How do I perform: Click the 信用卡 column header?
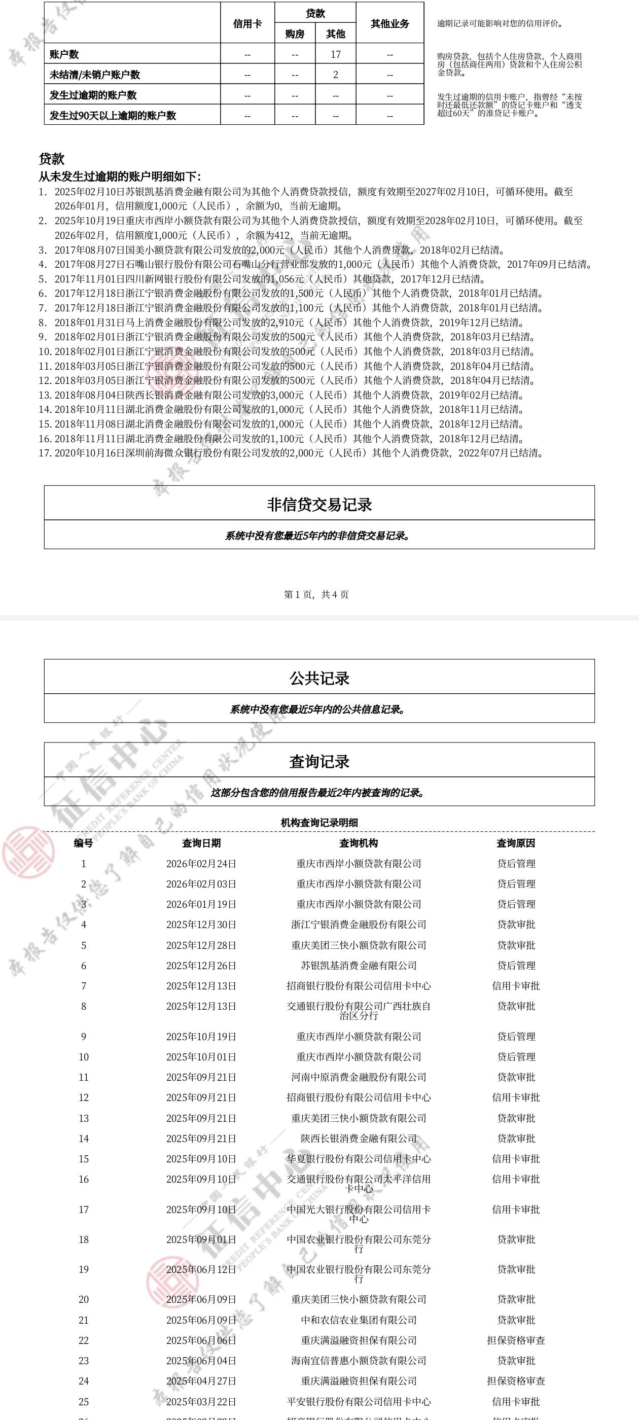247,24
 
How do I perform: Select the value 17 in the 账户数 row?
335,55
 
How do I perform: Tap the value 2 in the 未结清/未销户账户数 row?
335,75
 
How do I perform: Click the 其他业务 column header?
390,24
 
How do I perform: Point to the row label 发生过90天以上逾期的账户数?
113,116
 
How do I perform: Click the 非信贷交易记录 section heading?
319,505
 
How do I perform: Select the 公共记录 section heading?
319,678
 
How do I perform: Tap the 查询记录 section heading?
319,761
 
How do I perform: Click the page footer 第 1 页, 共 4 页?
316,594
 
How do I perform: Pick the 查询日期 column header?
201,843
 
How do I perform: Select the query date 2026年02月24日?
201,863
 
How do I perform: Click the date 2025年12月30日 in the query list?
201,925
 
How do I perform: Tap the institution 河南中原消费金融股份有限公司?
359,1077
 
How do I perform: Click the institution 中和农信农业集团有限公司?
359,1320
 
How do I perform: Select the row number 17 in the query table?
84,1210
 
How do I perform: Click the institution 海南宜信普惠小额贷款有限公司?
359,1361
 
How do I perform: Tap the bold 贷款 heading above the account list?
51,159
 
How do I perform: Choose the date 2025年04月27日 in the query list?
201,1381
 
